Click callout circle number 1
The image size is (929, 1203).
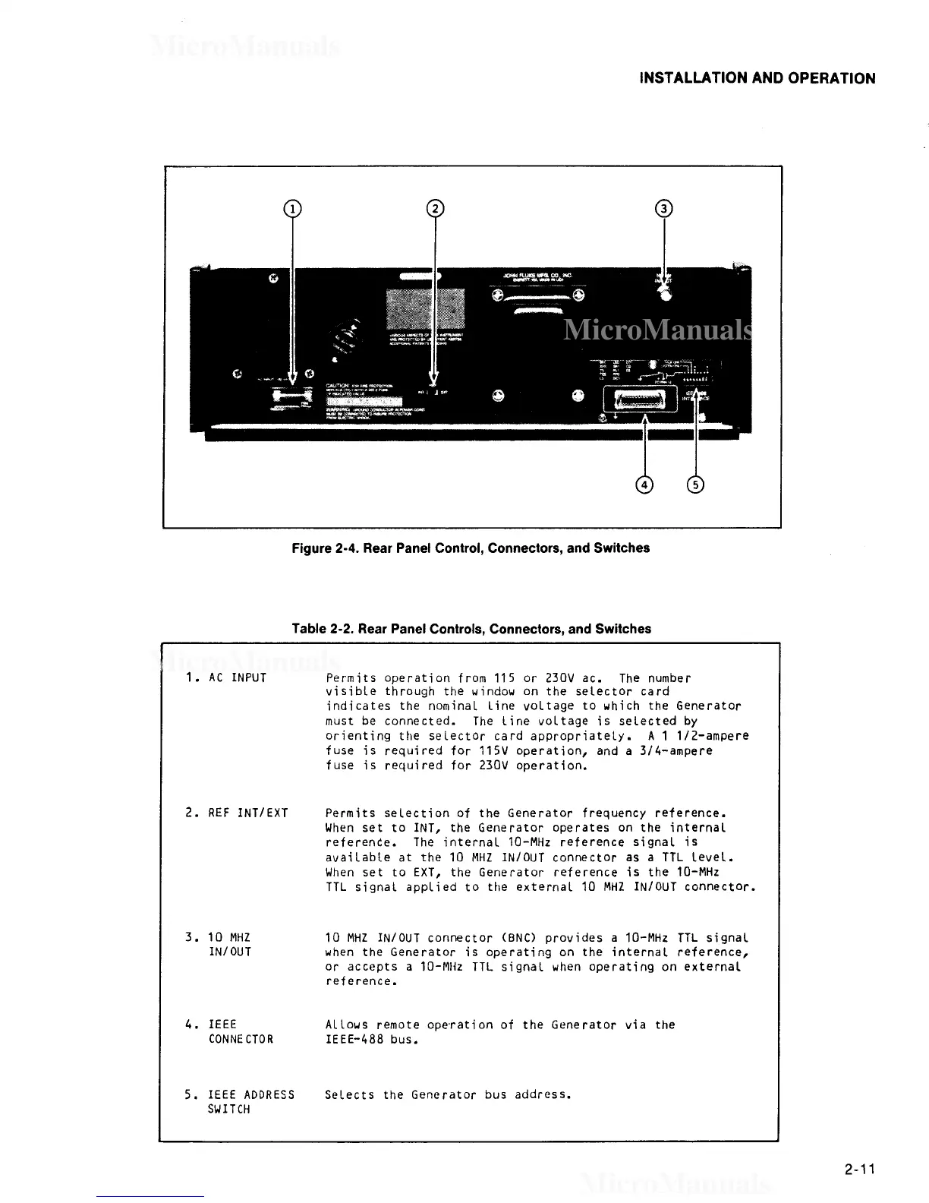[292, 209]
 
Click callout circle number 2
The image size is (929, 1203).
[435, 209]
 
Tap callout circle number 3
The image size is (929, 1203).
[664, 209]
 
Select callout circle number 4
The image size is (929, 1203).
[644, 485]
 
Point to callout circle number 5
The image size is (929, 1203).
[695, 485]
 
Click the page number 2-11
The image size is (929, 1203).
[859, 1169]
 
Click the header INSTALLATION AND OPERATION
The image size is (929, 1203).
[757, 78]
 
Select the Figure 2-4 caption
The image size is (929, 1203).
[471, 548]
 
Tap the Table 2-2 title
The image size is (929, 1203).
[471, 629]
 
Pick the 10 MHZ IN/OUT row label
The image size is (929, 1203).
[229, 945]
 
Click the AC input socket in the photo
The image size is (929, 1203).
[291, 397]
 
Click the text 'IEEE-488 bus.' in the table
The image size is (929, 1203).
[372, 1039]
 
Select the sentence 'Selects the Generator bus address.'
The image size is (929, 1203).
[448, 1094]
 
